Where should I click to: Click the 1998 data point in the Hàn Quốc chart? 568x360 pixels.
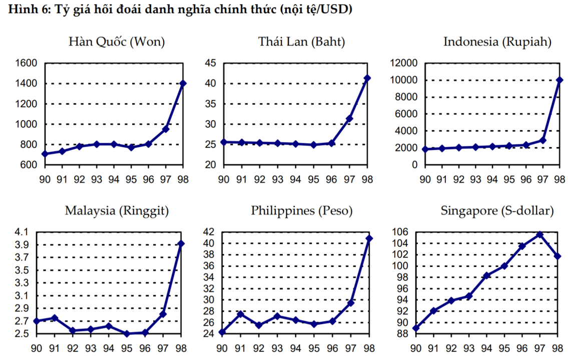(183, 83)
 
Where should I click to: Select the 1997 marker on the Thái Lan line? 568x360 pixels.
(349, 119)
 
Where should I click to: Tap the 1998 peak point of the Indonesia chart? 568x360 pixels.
(559, 80)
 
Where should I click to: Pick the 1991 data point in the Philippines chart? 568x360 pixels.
(240, 314)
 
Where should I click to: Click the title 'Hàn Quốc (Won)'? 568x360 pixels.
(117, 42)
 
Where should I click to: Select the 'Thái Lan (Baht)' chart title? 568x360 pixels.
(302, 42)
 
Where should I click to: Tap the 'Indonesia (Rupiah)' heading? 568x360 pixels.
(497, 42)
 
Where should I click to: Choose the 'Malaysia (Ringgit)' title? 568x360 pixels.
(117, 211)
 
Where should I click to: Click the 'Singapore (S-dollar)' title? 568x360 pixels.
(497, 211)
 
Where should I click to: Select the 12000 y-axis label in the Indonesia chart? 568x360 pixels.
(403, 63)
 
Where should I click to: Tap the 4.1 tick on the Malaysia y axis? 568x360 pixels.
(23, 232)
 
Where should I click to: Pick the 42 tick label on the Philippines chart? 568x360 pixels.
(209, 232)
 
